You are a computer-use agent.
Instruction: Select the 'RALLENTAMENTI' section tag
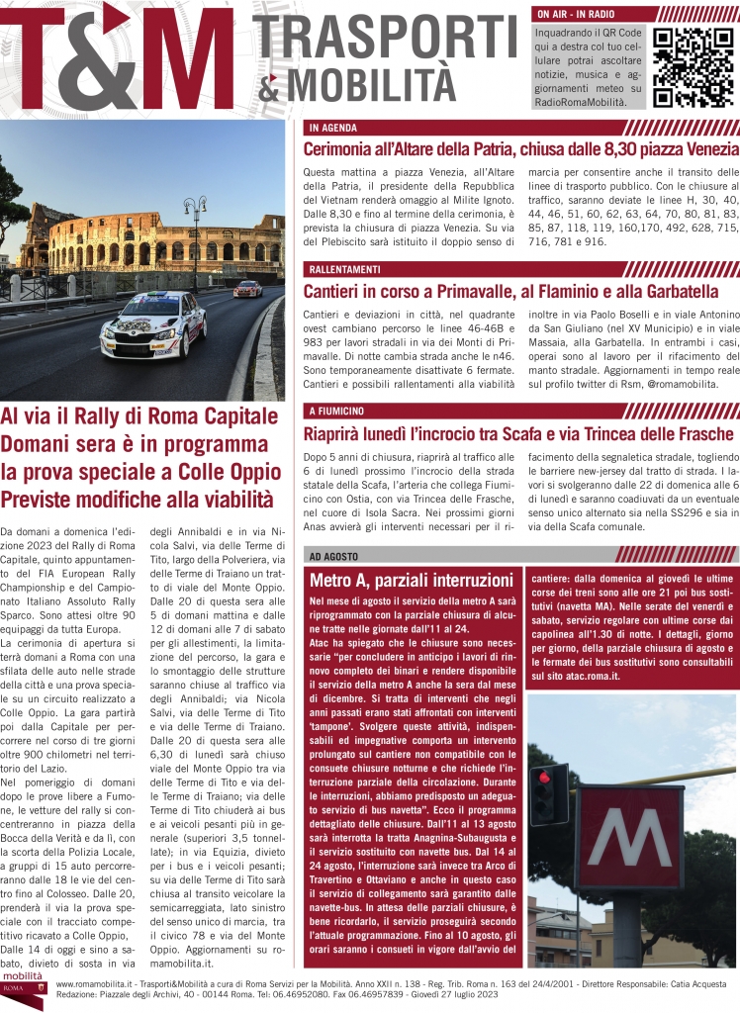click(347, 269)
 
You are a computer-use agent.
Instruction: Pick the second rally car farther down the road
click(247, 289)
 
